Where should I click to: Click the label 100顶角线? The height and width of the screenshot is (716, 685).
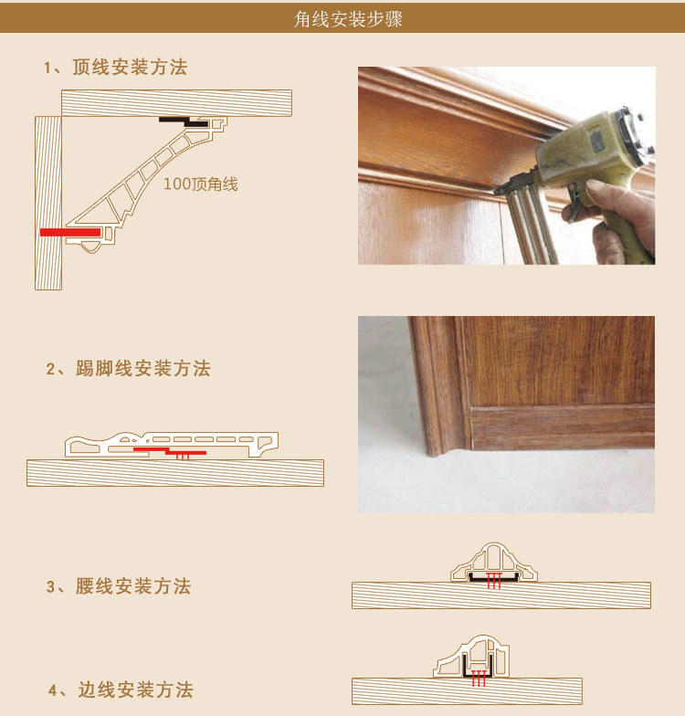200,184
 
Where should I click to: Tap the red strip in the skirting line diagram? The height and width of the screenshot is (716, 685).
170,450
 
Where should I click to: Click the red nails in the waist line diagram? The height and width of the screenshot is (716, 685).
494,581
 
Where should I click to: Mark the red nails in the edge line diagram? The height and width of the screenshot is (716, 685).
477,677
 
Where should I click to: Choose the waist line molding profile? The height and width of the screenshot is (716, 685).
494,559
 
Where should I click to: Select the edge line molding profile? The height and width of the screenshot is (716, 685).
465,658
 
